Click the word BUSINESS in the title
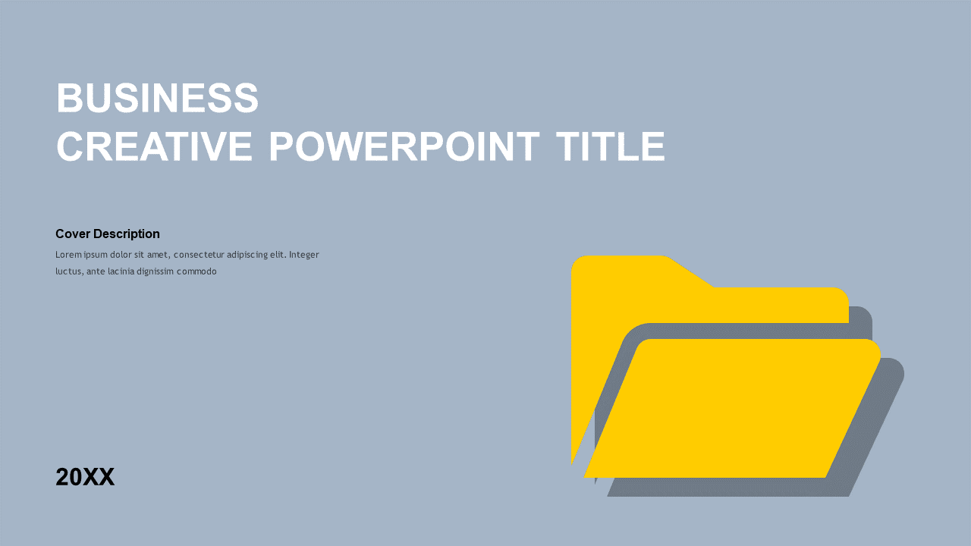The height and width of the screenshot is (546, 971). pos(157,99)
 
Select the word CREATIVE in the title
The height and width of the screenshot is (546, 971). pos(154,147)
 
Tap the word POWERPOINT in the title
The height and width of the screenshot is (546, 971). pos(404,147)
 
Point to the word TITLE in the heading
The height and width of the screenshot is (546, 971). pos(610,147)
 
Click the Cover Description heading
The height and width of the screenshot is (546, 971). pos(107,234)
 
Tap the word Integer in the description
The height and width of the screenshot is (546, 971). pos(303,255)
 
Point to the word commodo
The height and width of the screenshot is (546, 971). pos(196,271)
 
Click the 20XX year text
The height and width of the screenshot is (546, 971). pos(85,477)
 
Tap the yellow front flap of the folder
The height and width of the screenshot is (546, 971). pos(732,409)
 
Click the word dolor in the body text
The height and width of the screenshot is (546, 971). pos(121,255)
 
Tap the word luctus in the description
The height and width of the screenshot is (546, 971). pos(68,271)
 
